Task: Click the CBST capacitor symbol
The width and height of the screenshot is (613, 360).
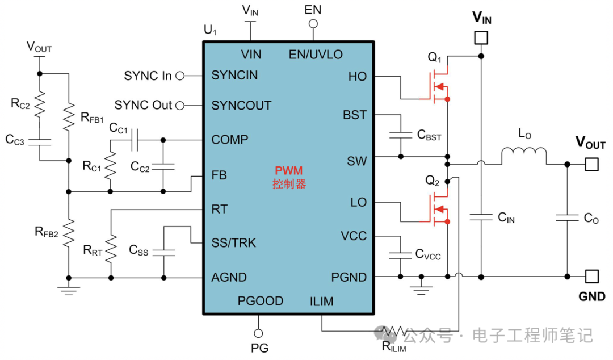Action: pyautogui.click(x=401, y=135)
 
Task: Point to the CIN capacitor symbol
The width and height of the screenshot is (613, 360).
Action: pyautogui.click(x=481, y=216)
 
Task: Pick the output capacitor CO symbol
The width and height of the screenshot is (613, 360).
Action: pyautogui.click(x=567, y=216)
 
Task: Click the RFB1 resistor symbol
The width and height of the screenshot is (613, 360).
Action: pyautogui.click(x=68, y=115)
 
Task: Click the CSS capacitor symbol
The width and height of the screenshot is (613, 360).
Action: pyautogui.click(x=164, y=250)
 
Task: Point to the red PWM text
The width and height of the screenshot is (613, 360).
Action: pyautogui.click(x=289, y=170)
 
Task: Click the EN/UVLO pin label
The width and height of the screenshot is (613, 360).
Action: pyautogui.click(x=316, y=55)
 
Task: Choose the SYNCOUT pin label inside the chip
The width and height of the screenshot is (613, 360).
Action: pyautogui.click(x=241, y=106)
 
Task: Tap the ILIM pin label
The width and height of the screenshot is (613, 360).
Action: pyautogui.click(x=322, y=301)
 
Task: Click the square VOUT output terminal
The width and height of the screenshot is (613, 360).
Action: pyautogui.click(x=592, y=164)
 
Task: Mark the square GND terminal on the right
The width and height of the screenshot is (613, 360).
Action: pyautogui.click(x=592, y=277)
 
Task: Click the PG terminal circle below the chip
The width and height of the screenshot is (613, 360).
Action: pyautogui.click(x=259, y=333)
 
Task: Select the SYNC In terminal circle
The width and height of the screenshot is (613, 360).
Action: pyautogui.click(x=181, y=76)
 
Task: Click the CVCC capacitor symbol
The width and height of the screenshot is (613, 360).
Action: pyautogui.click(x=401, y=253)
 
